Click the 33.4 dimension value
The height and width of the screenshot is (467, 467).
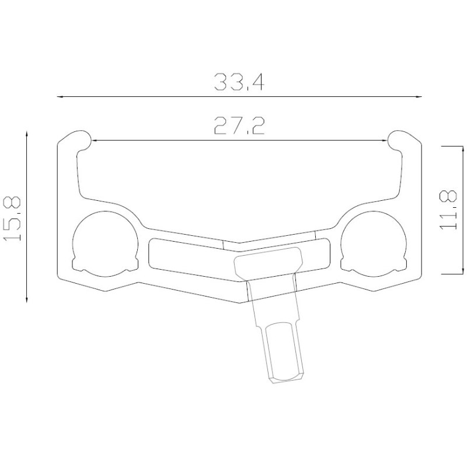(x=239, y=82)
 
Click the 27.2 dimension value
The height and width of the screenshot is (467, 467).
(x=239, y=126)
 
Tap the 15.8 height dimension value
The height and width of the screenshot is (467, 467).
(x=12, y=218)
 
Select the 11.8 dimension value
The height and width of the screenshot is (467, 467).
(x=448, y=210)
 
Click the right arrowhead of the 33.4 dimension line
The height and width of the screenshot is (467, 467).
(x=419, y=97)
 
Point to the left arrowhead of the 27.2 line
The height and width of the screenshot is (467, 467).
(x=95, y=140)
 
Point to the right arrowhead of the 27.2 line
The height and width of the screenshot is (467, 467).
(x=385, y=140)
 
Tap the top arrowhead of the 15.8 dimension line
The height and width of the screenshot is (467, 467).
(x=27, y=134)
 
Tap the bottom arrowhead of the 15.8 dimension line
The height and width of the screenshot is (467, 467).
(x=27, y=299)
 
